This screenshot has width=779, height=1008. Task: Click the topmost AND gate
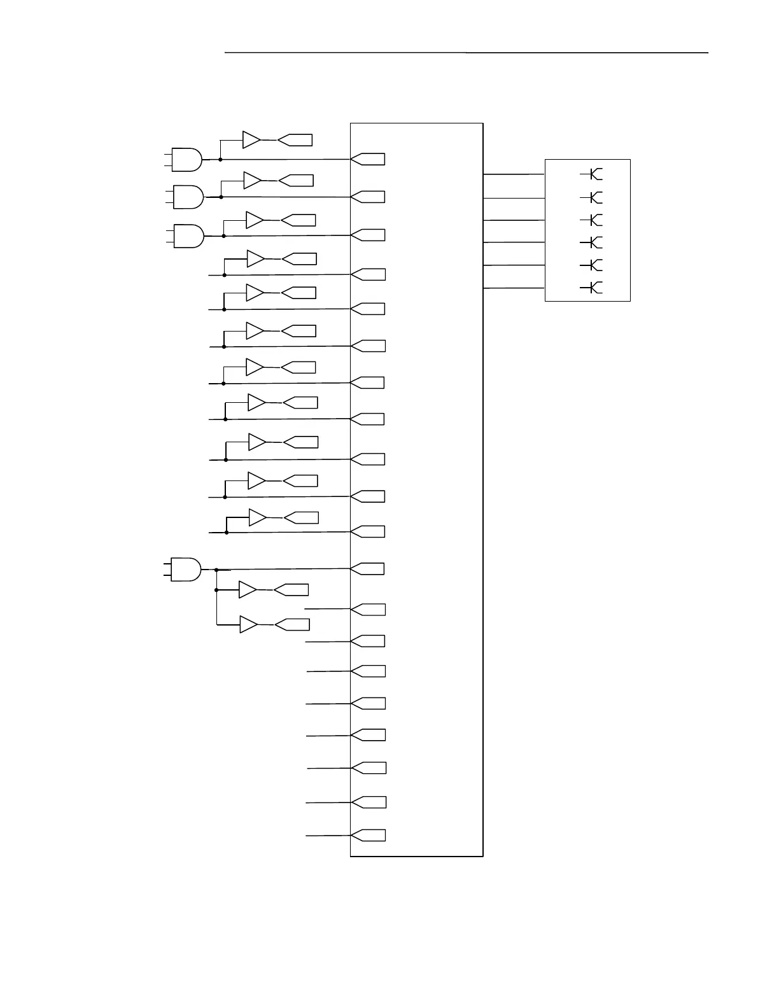point(187,160)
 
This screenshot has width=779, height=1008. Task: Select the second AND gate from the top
point(188,197)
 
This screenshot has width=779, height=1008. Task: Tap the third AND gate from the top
point(188,235)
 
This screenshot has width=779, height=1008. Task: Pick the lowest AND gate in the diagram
point(186,570)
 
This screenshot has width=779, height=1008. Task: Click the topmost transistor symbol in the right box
point(594,174)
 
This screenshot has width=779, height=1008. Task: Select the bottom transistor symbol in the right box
point(594,288)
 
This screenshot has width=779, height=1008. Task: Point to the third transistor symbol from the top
point(594,220)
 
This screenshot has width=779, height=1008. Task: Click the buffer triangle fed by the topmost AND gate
point(251,140)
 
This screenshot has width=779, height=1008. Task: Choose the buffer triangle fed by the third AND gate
point(255,220)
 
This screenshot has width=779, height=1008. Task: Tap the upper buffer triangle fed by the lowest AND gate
point(247,590)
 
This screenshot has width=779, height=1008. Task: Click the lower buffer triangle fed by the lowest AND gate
point(248,625)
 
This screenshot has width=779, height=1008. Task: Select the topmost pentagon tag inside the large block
point(368,159)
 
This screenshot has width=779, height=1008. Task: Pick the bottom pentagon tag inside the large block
point(368,835)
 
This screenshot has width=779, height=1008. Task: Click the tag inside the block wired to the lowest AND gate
point(368,569)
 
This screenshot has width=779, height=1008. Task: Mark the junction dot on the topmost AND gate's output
point(220,159)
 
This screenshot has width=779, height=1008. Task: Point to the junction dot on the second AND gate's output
point(221,197)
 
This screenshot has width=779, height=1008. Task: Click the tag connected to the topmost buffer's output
point(295,140)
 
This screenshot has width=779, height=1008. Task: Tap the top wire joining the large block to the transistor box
point(514,174)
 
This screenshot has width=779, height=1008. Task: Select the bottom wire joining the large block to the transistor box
point(514,288)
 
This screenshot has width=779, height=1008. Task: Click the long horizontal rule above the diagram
point(466,53)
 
